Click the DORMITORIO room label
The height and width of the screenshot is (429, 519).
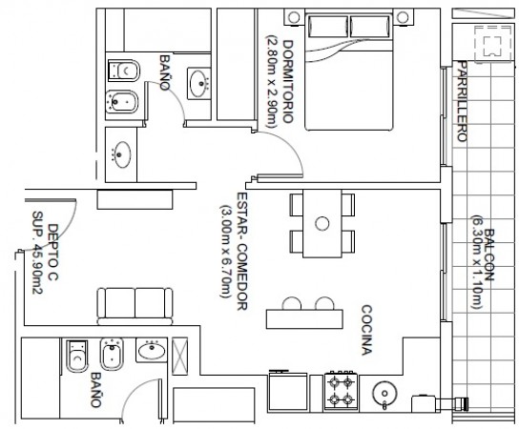(x=288, y=82)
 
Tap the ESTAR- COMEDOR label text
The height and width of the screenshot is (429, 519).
(x=242, y=251)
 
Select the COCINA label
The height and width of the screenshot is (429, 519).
(x=366, y=330)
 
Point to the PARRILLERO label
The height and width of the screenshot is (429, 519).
(x=462, y=101)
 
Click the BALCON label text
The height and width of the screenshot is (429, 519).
(x=488, y=255)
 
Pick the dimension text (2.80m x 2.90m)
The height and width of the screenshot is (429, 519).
(x=271, y=81)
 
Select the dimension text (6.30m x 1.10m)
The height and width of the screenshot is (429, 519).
(x=477, y=262)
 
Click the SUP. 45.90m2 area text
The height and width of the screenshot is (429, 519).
(x=38, y=253)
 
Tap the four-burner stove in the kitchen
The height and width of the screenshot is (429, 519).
(x=341, y=391)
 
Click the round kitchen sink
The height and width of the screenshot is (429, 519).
(x=384, y=394)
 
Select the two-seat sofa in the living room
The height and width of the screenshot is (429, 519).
(x=135, y=306)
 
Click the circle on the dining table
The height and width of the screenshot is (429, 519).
(x=322, y=224)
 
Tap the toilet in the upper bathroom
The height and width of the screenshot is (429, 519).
(x=124, y=71)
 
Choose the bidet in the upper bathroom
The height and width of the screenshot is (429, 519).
(x=121, y=101)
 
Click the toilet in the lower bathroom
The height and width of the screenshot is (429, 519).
(x=77, y=356)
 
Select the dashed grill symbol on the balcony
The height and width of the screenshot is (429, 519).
(x=493, y=43)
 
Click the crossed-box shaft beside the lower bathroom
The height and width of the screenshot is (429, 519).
(x=180, y=356)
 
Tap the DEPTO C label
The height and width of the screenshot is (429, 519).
(x=53, y=252)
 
